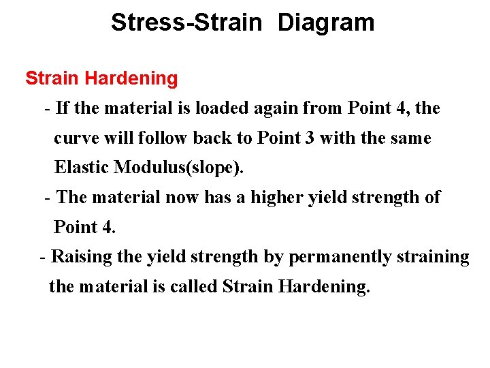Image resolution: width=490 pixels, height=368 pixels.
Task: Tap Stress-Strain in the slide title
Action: point(186,22)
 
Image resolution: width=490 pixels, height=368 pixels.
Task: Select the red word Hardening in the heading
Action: point(131,78)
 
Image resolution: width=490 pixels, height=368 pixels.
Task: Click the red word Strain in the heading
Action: point(52,78)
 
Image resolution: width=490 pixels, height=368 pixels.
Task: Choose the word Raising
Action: point(78,257)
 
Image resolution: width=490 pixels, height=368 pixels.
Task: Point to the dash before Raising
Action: point(44,258)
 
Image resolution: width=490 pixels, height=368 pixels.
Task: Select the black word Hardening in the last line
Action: point(324,286)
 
